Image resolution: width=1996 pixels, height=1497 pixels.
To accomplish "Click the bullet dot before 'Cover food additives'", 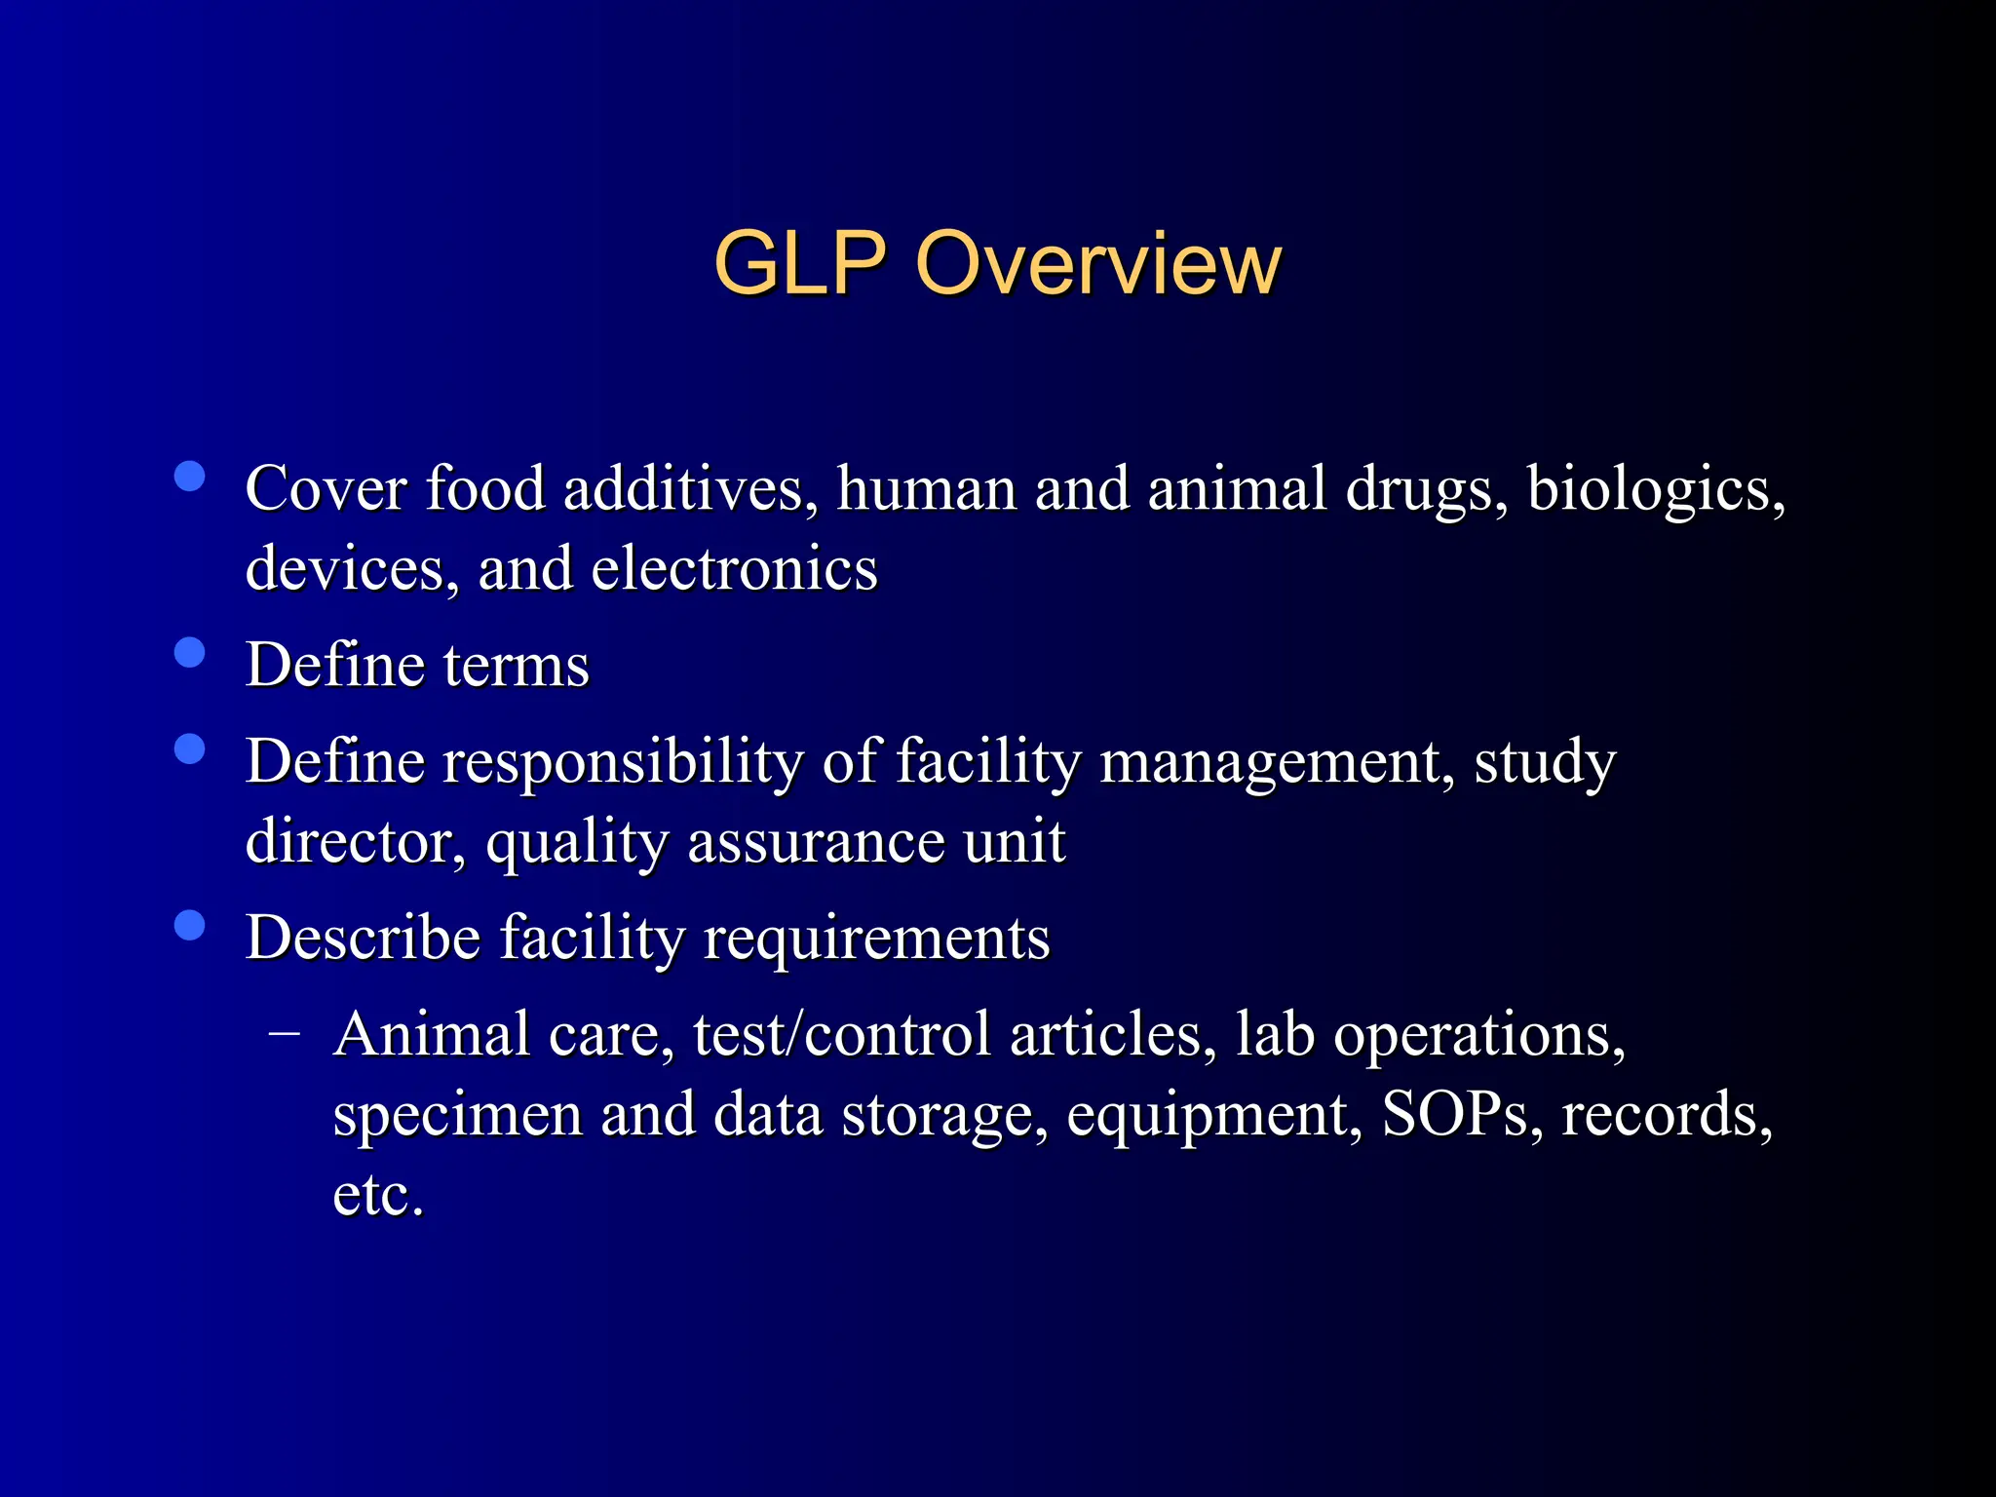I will (x=189, y=477).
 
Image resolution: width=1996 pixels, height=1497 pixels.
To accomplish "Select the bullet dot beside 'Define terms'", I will (x=189, y=652).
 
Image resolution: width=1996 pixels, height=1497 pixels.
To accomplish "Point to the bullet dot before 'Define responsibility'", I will (x=189, y=748).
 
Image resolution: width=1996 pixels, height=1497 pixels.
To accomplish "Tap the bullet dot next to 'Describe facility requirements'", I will (x=189, y=925).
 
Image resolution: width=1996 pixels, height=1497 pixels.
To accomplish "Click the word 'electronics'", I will (x=734, y=569).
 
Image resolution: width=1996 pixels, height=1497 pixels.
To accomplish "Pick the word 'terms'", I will (x=517, y=666).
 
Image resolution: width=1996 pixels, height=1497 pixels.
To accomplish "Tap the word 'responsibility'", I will (x=623, y=763).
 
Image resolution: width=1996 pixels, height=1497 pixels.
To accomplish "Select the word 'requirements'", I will (x=876, y=940).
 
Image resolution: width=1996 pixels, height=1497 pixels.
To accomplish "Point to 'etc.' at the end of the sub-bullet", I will (x=378, y=1195).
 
